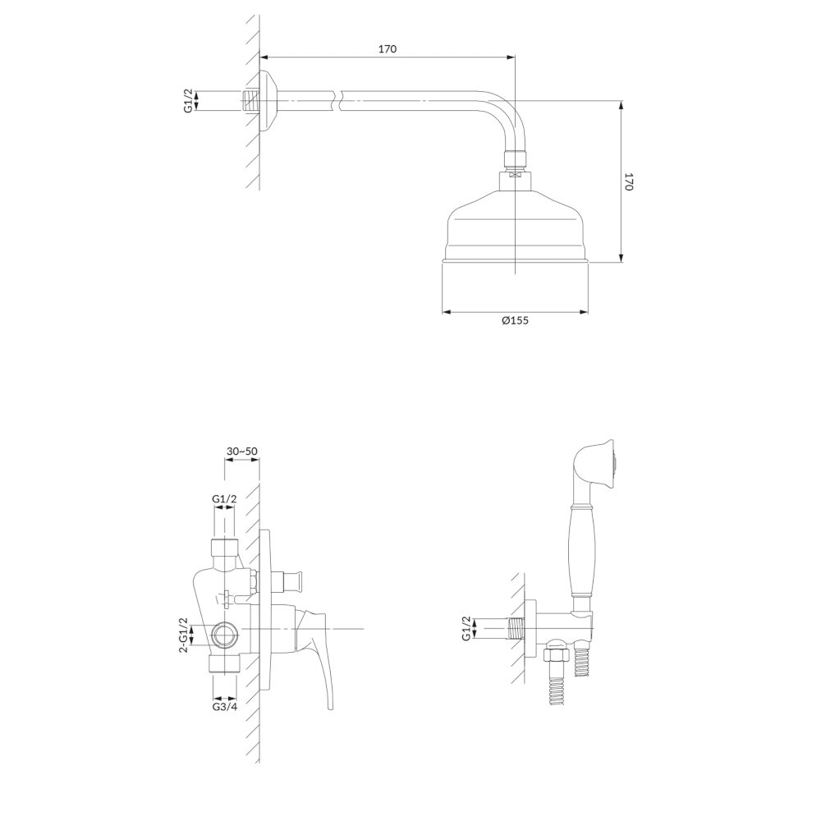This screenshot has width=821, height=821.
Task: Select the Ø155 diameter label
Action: tap(515, 320)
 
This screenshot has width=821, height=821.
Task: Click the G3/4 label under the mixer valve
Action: tap(225, 707)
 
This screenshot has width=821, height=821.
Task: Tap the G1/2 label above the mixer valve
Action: tap(224, 499)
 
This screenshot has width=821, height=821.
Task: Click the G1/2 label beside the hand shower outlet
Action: tap(466, 628)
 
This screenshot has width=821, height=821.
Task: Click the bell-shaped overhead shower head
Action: tap(516, 225)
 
